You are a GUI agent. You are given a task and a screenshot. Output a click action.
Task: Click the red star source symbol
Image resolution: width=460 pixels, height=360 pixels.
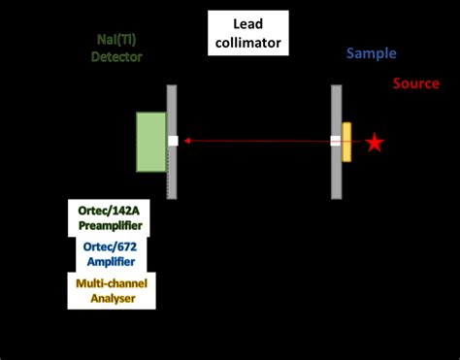coord(375,143)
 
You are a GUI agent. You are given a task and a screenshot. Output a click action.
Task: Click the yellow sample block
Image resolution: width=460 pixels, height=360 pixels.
coord(346,142)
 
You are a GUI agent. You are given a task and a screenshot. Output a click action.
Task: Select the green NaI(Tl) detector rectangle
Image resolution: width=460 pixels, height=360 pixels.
coord(150,142)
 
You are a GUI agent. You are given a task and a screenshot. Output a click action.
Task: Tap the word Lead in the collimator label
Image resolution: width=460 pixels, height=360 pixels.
coord(246,24)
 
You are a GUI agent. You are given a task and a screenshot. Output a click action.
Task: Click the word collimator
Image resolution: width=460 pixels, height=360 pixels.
coord(246,42)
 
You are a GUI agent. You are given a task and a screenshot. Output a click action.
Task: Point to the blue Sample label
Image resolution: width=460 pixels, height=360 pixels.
coord(372,55)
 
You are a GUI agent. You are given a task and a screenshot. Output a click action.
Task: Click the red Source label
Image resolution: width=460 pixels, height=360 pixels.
coord(416,83)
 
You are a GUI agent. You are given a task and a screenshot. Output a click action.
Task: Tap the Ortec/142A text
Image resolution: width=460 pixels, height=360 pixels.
coord(110,210)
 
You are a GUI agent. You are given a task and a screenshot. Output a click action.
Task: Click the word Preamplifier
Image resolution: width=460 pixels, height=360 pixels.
coord(110,225)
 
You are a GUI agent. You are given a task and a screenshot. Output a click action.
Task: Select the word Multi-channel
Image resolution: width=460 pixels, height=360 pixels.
coord(108,282)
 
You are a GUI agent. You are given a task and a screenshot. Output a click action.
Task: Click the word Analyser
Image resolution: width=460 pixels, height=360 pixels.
coord(108,298)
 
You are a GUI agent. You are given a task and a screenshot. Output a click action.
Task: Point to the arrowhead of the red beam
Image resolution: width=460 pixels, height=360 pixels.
coord(187,142)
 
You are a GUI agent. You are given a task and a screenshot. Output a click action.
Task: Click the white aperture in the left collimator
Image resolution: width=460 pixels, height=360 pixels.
coord(173,141)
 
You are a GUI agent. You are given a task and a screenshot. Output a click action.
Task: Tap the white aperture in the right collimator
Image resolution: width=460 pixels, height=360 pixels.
coord(335,141)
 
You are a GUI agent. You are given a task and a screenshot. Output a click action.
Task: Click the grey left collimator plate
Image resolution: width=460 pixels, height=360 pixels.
coord(172,107)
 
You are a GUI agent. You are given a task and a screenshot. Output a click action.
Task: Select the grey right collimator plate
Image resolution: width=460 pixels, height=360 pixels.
coord(336,107)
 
